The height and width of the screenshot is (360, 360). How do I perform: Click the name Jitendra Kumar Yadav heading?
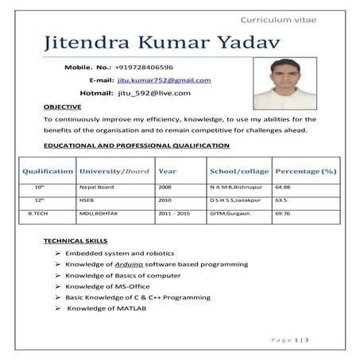coord(152,45)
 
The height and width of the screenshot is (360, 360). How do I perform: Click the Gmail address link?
coord(164,80)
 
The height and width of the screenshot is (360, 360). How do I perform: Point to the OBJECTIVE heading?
coord(62,106)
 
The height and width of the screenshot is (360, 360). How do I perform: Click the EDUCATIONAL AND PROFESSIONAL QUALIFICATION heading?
coord(136,145)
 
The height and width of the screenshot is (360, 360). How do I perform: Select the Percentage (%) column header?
coord(305,171)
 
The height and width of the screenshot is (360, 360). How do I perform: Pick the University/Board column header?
coord(114,171)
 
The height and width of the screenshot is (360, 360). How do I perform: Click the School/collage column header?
coord(238,171)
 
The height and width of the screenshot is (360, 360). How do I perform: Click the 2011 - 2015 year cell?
coord(174,213)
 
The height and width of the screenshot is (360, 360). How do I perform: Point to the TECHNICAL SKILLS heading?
coord(75,240)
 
